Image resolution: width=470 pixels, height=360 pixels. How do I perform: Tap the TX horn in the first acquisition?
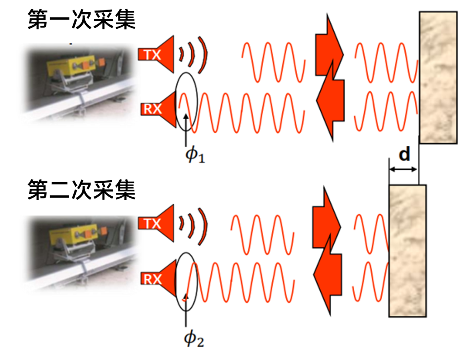click(x=157, y=54)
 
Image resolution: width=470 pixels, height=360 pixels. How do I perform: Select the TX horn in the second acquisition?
click(x=157, y=224)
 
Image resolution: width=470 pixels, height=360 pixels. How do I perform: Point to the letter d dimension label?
click(x=404, y=155)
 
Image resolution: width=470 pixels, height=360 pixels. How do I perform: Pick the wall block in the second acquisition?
click(x=407, y=250)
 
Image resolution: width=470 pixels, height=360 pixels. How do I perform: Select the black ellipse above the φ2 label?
click(x=187, y=280)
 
